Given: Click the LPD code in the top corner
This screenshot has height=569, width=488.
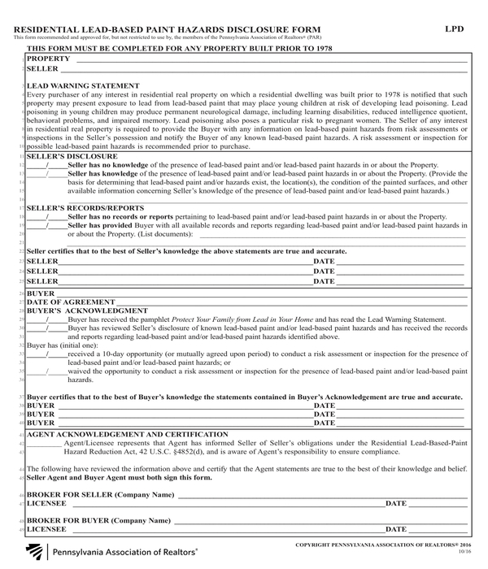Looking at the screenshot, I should click(x=455, y=28).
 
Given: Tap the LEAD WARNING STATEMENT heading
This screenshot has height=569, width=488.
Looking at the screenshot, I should click(x=83, y=85).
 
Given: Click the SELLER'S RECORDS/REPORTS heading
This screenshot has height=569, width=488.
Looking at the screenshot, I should click(x=85, y=208).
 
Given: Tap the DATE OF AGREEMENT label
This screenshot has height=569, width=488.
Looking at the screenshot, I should click(x=65, y=302).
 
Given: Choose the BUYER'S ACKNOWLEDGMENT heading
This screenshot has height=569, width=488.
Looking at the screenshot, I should click(x=87, y=311).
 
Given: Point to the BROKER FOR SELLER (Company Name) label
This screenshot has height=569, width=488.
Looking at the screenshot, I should click(x=101, y=494).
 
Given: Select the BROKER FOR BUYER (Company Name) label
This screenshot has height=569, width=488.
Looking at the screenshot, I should click(x=99, y=520).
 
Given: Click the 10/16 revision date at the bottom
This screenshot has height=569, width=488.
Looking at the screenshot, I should click(x=464, y=552).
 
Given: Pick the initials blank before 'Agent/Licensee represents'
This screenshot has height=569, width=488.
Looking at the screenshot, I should click(x=44, y=444).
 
